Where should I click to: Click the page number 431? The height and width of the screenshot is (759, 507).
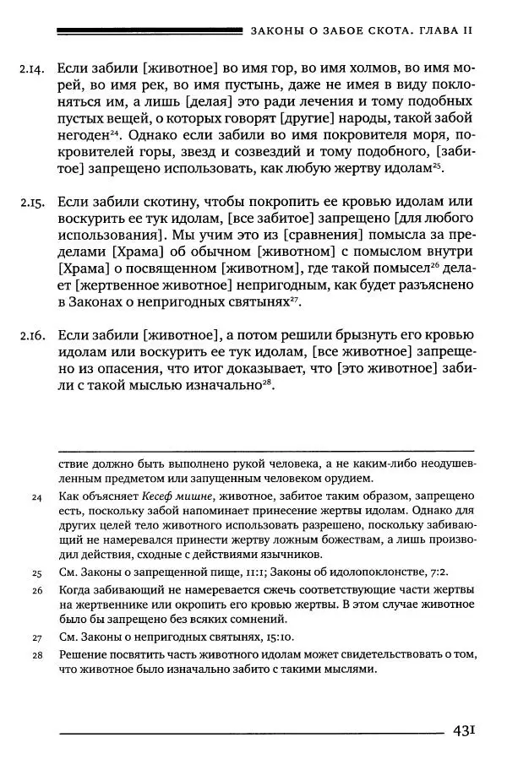coord(468,729)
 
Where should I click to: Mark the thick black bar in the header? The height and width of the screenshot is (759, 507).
coord(147,30)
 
